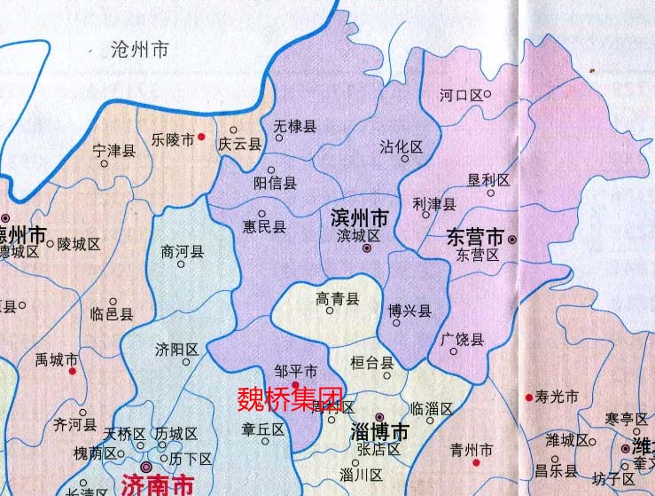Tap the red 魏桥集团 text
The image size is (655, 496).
[x=290, y=398]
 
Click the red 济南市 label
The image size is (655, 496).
[x=155, y=485]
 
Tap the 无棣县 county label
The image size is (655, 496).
[x=295, y=127]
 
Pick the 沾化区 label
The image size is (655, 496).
[x=402, y=146]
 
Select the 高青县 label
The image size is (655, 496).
[x=338, y=300]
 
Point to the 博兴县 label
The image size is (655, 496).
[x=409, y=311]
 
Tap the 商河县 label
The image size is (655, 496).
[x=183, y=252]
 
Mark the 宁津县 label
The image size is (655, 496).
[x=114, y=151]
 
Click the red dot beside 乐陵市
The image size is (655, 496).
[x=202, y=138]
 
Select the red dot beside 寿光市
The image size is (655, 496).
[x=528, y=397]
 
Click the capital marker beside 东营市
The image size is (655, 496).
[x=511, y=239]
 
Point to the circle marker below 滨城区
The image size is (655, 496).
[x=366, y=248]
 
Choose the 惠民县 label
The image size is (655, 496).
[x=265, y=226]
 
